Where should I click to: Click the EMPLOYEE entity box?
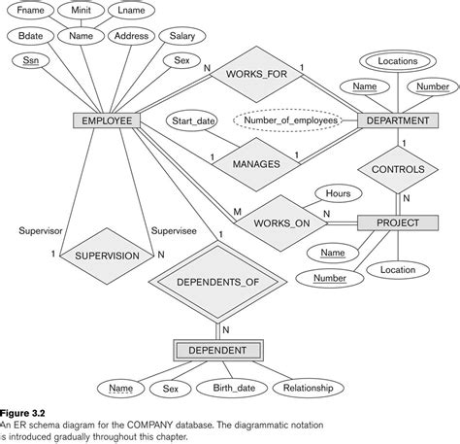click(x=107, y=121)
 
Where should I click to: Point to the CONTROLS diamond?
click(x=397, y=170)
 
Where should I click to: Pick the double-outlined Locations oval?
click(x=398, y=60)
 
